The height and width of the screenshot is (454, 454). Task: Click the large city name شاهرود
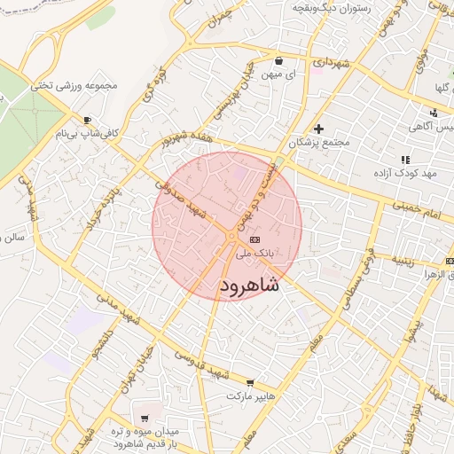247,286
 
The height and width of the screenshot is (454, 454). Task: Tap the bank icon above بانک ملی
255,239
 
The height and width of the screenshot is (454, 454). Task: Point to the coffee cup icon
87,120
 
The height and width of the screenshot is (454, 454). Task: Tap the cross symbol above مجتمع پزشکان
319,129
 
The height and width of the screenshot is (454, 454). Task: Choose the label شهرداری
332,64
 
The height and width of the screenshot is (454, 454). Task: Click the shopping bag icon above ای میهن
279,61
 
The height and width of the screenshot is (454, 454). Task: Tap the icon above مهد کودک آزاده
405,159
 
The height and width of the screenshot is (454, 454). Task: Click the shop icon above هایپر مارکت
251,383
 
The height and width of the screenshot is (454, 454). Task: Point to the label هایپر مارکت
253,395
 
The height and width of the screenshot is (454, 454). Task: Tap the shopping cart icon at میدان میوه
145,417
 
